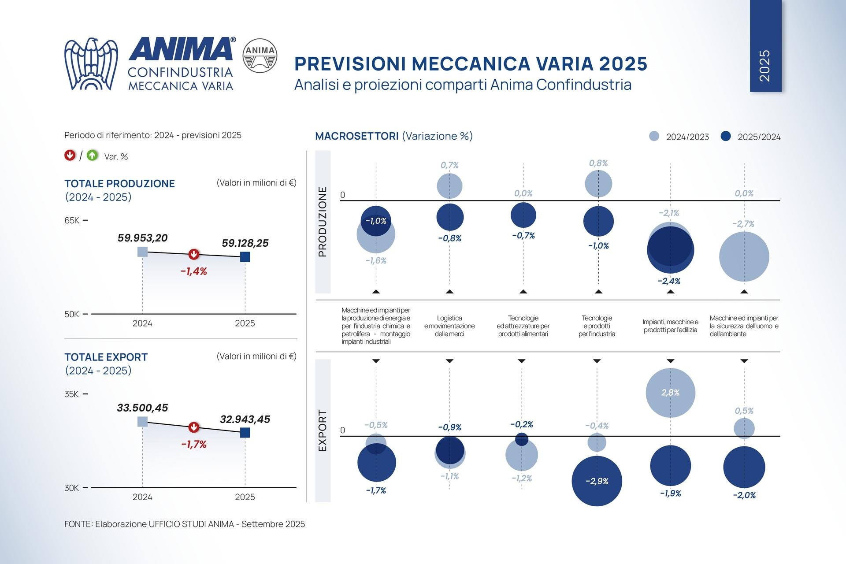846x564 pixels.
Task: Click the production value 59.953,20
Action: pyautogui.click(x=142, y=238)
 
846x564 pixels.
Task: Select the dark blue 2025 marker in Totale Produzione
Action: pyautogui.click(x=245, y=256)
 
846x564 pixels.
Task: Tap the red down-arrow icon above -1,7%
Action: pyautogui.click(x=193, y=427)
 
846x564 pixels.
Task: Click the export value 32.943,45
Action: pyautogui.click(x=245, y=419)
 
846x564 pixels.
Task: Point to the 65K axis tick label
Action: pyautogui.click(x=72, y=220)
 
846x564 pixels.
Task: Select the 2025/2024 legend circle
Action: pyautogui.click(x=726, y=136)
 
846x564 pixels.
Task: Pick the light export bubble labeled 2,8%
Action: pyautogui.click(x=670, y=393)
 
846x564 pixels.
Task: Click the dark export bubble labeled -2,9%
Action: pyautogui.click(x=597, y=481)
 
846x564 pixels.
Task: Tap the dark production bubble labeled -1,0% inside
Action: pyautogui.click(x=376, y=221)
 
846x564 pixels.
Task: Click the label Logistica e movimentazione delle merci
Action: pyautogui.click(x=449, y=326)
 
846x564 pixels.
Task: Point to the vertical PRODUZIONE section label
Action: pyautogui.click(x=323, y=222)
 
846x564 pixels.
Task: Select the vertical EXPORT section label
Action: pyautogui.click(x=323, y=430)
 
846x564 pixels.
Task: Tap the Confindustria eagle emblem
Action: pyautogui.click(x=91, y=64)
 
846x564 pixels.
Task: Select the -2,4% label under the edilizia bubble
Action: pyautogui.click(x=669, y=281)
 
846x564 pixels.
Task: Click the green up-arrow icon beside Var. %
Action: pyautogui.click(x=93, y=156)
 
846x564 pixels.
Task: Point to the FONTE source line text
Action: pyautogui.click(x=185, y=524)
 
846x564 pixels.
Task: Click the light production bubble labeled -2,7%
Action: pyautogui.click(x=744, y=256)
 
